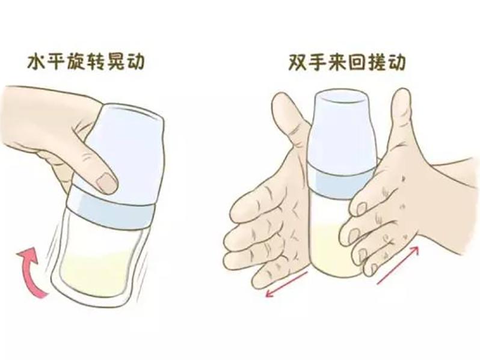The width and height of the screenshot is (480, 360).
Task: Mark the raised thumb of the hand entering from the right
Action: point(400,120)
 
